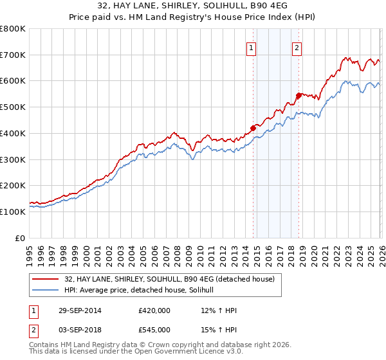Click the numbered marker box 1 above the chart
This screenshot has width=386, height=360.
click(251, 47)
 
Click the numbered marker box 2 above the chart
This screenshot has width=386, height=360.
click(297, 47)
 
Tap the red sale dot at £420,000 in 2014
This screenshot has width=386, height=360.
click(253, 128)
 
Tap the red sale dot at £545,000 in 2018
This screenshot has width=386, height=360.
click(299, 95)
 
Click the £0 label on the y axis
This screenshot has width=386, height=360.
click(21, 238)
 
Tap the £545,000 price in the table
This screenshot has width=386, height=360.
click(154, 330)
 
